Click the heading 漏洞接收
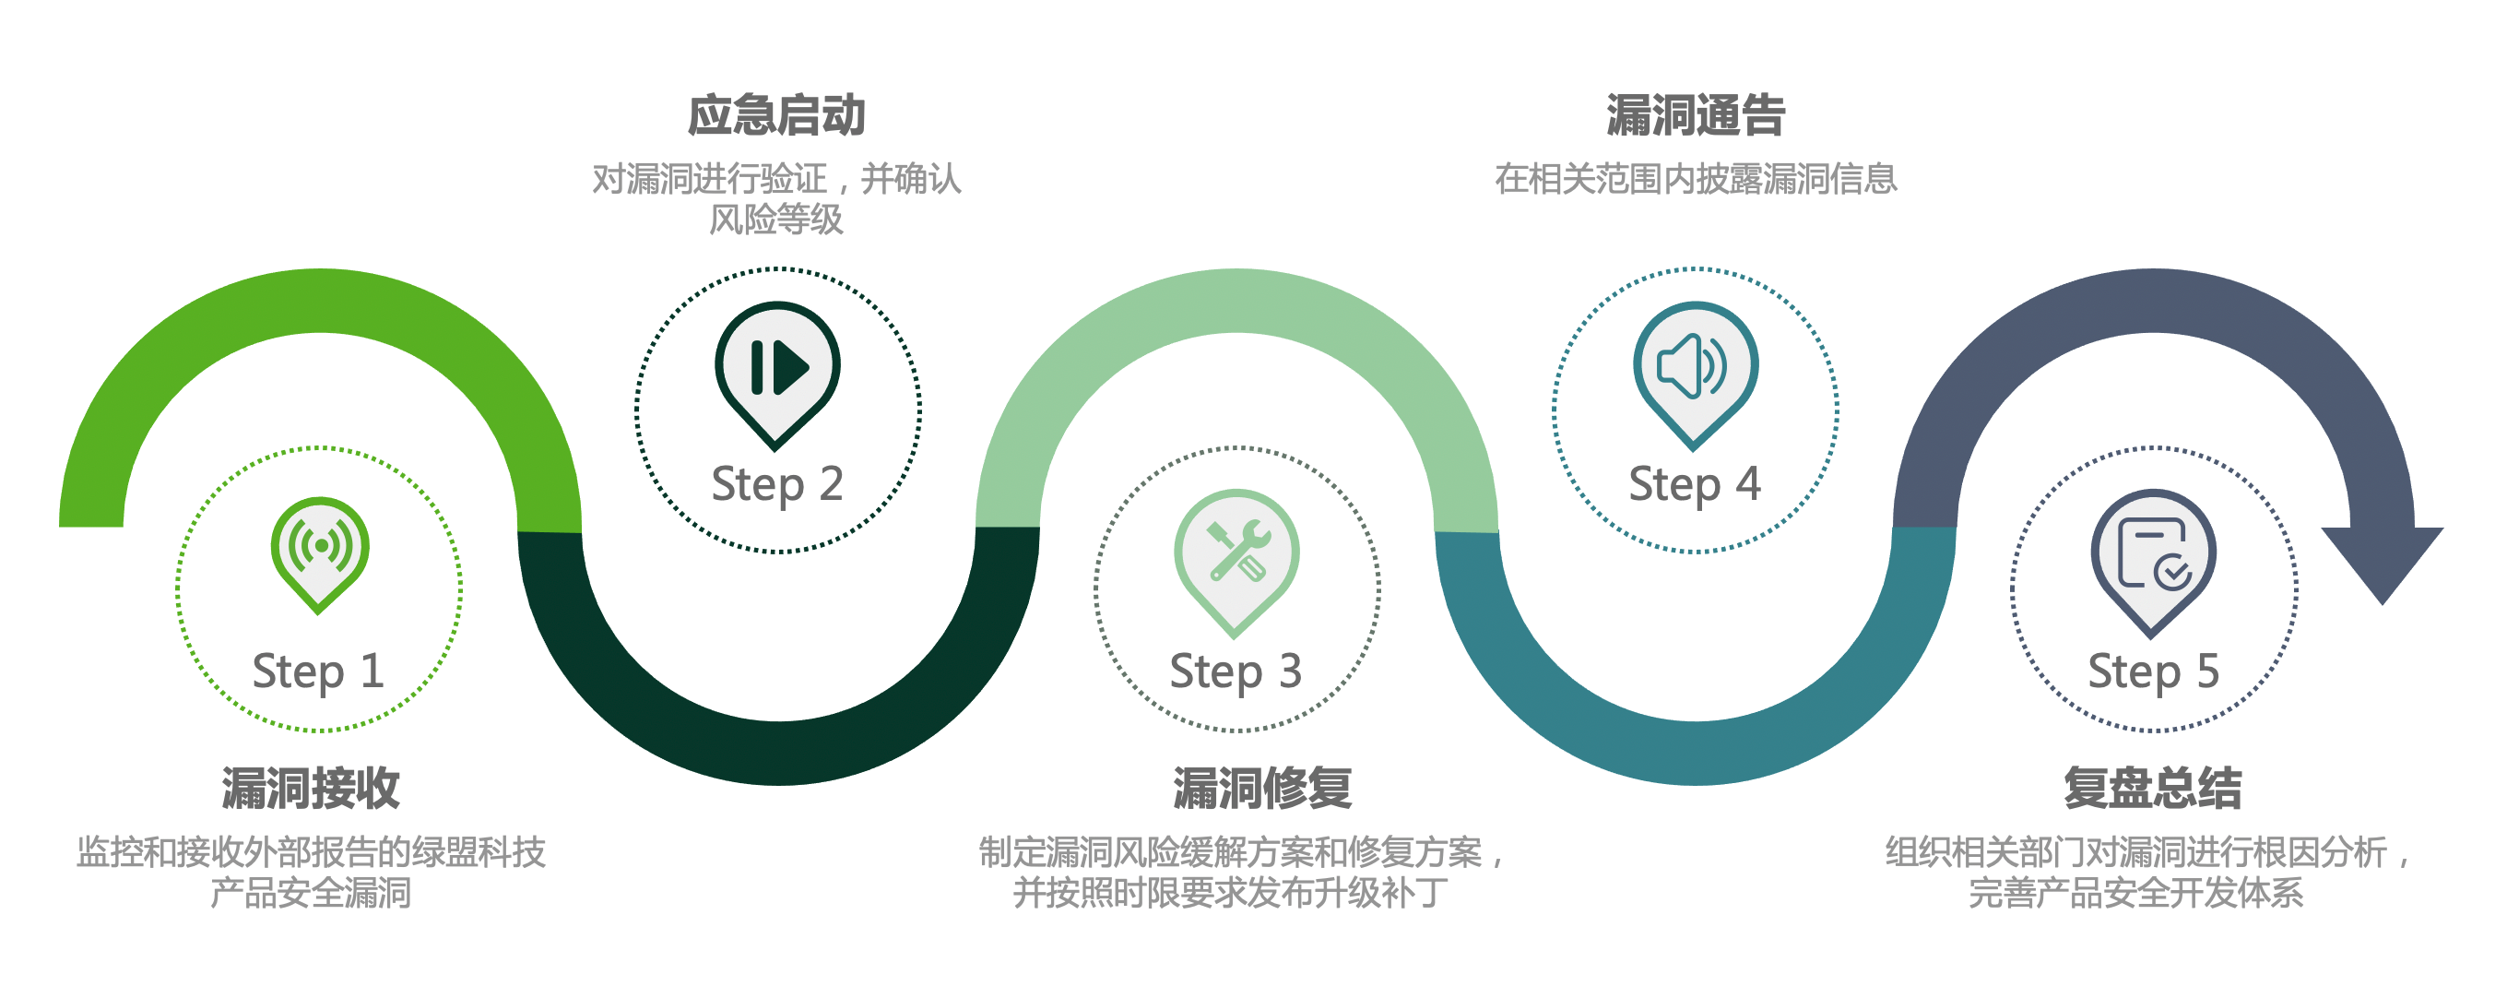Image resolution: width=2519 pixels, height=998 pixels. tap(311, 788)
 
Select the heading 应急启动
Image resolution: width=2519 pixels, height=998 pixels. tap(776, 115)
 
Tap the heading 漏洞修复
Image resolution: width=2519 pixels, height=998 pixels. tap(1262, 788)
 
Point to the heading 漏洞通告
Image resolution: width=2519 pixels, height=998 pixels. tap(1696, 115)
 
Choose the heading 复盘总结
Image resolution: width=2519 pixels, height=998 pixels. tap(2152, 788)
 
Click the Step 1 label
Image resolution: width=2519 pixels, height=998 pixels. tap(318, 672)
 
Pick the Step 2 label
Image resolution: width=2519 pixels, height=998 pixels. tap(776, 485)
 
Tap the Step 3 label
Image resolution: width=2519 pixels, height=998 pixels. tap(1236, 672)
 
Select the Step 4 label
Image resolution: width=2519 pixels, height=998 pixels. tap(1695, 485)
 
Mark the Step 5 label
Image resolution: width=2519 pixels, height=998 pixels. tap(2153, 672)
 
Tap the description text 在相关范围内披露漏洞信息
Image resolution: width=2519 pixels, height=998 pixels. tap(1696, 179)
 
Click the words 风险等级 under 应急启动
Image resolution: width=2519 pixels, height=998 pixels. tap(776, 220)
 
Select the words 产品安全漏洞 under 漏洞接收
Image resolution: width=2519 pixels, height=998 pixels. tap(311, 892)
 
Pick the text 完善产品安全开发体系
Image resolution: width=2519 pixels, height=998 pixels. tap(2135, 892)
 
